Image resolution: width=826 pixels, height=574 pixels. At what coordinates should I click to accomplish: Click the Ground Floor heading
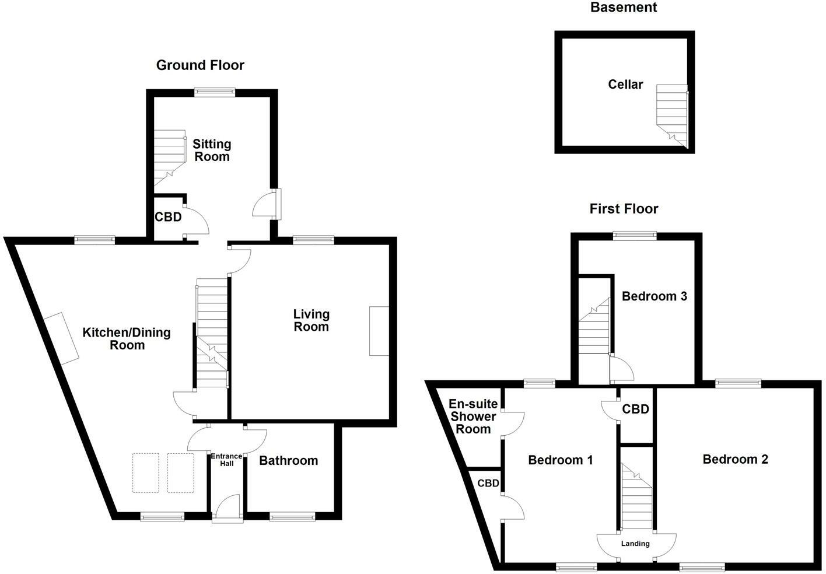[x=200, y=65]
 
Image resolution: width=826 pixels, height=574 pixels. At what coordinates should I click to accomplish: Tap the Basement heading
[x=624, y=8]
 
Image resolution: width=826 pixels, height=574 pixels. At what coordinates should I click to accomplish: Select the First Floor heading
[x=624, y=209]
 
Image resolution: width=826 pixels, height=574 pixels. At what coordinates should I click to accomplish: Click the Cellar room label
[x=625, y=85]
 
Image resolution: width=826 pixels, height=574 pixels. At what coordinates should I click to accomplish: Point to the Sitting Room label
[x=212, y=150]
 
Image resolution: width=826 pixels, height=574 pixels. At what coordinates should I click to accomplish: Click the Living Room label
[x=311, y=320]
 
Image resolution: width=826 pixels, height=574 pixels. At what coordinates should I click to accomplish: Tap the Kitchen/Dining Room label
[x=127, y=339]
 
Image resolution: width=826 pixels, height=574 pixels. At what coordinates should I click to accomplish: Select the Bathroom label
[x=288, y=461]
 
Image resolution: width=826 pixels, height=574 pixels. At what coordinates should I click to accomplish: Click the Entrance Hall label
[x=226, y=460]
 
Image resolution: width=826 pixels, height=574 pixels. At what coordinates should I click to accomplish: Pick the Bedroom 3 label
[x=654, y=296]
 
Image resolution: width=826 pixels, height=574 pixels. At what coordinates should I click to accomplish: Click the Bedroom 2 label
[x=735, y=460]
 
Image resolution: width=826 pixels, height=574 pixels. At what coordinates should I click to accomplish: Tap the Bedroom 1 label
[x=560, y=460]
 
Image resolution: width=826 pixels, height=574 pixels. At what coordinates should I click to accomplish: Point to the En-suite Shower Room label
[x=473, y=416]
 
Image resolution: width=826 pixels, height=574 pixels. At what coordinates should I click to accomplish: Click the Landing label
[x=635, y=544]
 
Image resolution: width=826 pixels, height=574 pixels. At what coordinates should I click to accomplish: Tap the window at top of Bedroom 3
[x=635, y=236]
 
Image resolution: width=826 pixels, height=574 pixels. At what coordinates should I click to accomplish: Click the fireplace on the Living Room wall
[x=379, y=331]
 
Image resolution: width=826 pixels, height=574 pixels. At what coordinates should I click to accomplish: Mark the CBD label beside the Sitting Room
[x=168, y=218]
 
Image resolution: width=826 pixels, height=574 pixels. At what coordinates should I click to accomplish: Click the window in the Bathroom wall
[x=292, y=516]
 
